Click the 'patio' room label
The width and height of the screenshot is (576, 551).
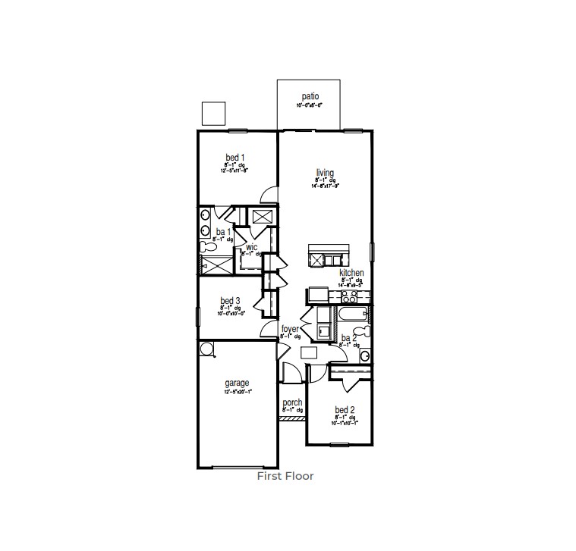310,96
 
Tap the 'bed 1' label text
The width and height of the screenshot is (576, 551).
234,157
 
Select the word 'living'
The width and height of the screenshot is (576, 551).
325,173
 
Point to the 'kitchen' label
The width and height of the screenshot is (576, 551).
351,273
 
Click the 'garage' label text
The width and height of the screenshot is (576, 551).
237,384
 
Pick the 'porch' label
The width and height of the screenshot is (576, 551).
292,402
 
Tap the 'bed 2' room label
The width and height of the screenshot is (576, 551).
345,410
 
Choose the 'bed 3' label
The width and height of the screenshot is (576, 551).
231,300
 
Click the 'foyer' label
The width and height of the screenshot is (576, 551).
290,329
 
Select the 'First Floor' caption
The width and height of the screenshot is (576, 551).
285,476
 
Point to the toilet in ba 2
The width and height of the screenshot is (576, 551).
365,331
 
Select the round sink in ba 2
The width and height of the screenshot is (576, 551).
364,355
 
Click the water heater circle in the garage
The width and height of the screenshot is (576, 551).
206,348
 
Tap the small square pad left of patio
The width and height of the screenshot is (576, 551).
214,113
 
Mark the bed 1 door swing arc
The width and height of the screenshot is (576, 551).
268,196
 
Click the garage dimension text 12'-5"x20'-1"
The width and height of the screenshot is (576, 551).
237,393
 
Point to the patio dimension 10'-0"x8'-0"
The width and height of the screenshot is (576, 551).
310,105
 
